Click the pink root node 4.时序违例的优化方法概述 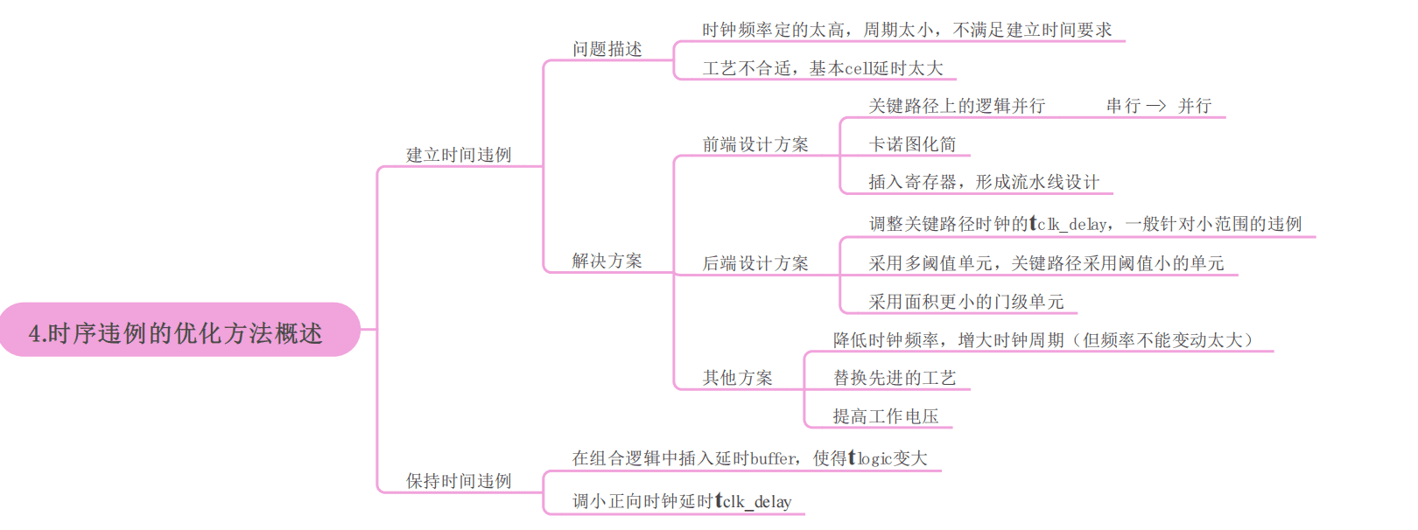pos(179,330)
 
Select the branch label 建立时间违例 pos(459,155)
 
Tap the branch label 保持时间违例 pos(459,481)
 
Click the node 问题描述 pos(607,49)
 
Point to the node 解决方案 pos(607,262)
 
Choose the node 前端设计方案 pos(756,145)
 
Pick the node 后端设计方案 pos(756,264)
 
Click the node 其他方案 pos(738,378)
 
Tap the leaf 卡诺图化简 pos(912,145)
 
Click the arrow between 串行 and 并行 pos(1156,106)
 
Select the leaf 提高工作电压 pos(886,417)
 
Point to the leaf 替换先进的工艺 pos(895,378)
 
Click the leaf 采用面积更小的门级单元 pos(966,303)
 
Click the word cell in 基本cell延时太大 pos(859,69)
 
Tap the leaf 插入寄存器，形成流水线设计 pos(984,183)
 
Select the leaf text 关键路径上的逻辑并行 pos(957,106)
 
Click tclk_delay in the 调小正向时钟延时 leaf pos(754,502)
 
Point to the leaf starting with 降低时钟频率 pos(1044,341)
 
